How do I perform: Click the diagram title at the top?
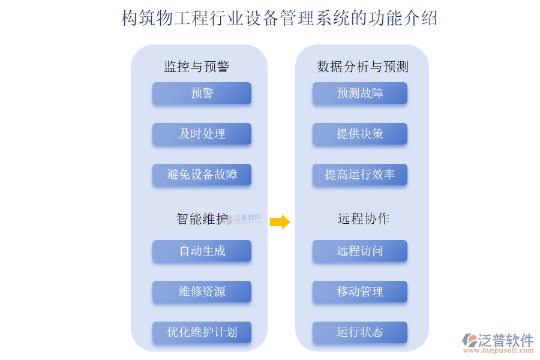click(279, 18)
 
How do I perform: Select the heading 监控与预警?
click(197, 66)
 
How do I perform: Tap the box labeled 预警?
click(202, 93)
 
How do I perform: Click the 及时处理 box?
click(202, 134)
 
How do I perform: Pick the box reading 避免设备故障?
click(202, 175)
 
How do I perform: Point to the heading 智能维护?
click(202, 219)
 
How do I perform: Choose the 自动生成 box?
click(202, 251)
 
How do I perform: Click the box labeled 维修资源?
click(202, 292)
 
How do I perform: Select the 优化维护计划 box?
click(202, 332)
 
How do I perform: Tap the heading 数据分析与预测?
click(362, 66)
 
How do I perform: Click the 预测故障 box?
click(360, 93)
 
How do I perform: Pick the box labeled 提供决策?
click(360, 134)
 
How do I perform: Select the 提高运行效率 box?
click(360, 175)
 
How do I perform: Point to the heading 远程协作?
click(363, 219)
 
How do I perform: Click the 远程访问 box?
click(360, 251)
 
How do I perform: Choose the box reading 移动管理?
click(360, 292)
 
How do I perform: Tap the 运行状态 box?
click(360, 332)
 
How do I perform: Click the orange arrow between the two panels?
click(280, 222)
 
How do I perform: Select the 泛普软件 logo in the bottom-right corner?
click(497, 340)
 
